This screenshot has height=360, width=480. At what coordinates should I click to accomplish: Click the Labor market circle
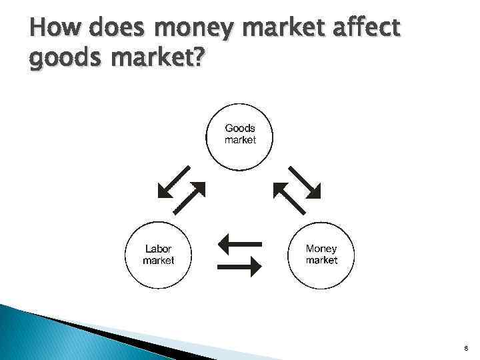coord(159,255)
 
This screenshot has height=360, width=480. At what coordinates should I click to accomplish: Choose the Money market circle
coord(321,255)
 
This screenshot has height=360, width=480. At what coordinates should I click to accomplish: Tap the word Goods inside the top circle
coord(240,128)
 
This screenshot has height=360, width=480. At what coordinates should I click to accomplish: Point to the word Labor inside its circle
coord(159,249)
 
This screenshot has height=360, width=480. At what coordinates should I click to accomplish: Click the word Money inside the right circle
coord(321,249)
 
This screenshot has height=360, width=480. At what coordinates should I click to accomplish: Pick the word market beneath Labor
coord(159,261)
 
